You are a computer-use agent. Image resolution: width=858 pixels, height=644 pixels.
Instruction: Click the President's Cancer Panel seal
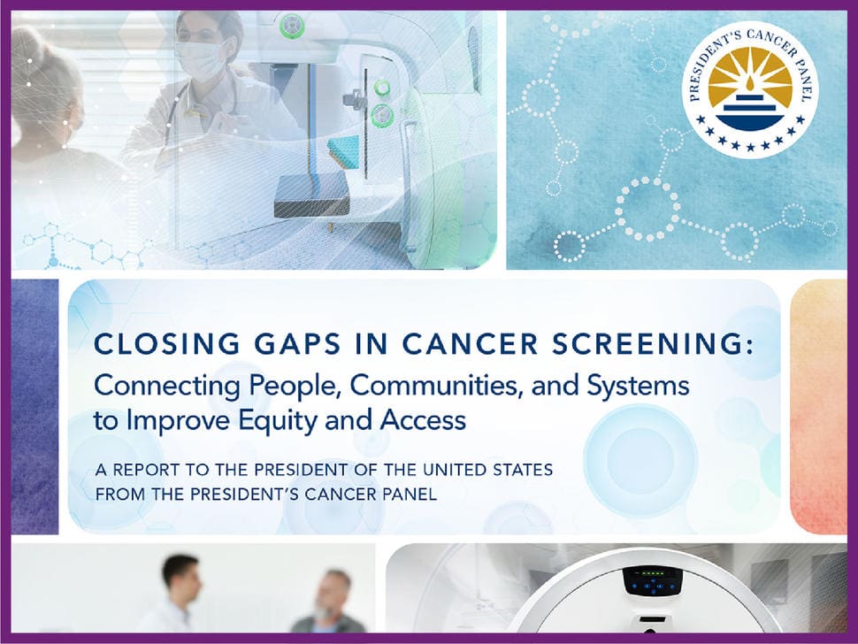click(750, 90)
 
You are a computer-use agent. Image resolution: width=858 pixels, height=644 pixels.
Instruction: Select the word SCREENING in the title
click(652, 344)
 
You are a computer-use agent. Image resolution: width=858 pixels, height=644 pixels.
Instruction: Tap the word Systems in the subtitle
click(638, 387)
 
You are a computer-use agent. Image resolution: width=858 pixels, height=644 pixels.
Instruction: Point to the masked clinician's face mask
click(199, 59)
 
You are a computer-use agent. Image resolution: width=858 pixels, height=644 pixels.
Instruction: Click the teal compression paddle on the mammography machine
click(343, 153)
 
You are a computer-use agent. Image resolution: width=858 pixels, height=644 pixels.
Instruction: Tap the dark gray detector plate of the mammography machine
click(310, 196)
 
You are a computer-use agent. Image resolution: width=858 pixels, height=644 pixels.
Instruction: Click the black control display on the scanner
click(652, 581)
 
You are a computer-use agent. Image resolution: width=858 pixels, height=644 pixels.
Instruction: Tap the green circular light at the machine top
click(292, 25)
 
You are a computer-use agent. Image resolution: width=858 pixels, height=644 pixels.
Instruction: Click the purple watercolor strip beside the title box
click(34, 407)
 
